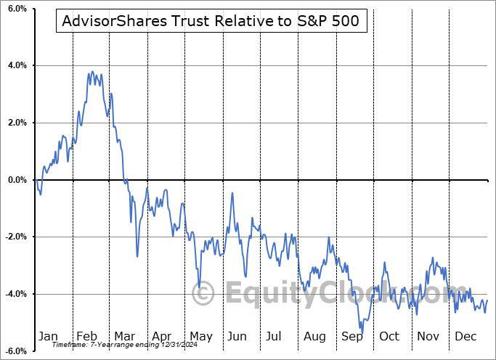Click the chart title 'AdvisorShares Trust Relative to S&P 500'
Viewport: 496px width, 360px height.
coord(211,22)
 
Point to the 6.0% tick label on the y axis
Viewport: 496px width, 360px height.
coord(16,9)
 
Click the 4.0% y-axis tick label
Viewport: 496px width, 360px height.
coord(16,66)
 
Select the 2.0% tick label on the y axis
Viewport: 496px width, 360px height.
coord(16,123)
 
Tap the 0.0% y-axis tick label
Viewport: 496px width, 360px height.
coord(16,180)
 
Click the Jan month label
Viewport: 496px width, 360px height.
coord(48,336)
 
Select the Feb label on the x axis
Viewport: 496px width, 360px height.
coord(86,336)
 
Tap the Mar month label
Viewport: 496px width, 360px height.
coord(125,336)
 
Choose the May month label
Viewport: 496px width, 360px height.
coord(201,336)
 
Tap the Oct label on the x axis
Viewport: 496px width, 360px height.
coord(391,336)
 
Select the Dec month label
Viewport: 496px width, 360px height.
coord(466,336)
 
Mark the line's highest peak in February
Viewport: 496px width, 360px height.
coord(93,71)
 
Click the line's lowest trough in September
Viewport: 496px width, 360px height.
coord(362,332)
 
